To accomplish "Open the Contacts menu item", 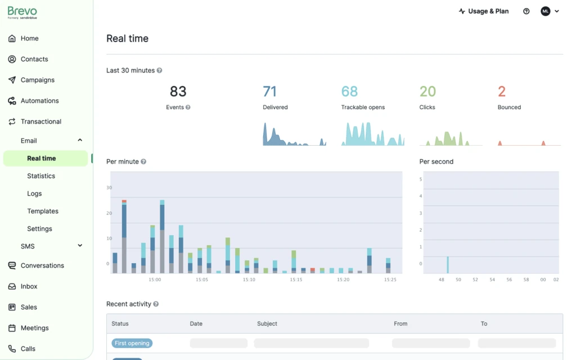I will pos(34,59).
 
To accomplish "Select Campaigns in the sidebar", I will pos(37,80).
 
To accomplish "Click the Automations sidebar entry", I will pos(39,101).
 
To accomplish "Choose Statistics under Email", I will pos(41,176).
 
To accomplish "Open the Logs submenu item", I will pos(34,193).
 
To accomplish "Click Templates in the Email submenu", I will pos(43,211).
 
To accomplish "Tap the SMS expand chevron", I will pos(80,246).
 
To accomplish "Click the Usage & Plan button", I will pos(483,11).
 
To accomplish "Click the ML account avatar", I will pos(545,11).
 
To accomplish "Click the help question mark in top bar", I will pos(526,11).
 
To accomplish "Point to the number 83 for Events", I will pos(178,91).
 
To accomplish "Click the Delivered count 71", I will pos(269,91).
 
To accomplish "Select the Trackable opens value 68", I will pos(349,91).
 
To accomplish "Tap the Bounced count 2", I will pos(502,91).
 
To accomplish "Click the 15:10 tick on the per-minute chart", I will pos(249,280).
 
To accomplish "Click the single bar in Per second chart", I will pos(448,265).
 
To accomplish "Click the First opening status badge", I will pos(132,343).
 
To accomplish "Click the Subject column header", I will pos(267,323).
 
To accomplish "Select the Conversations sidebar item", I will pos(42,265).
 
